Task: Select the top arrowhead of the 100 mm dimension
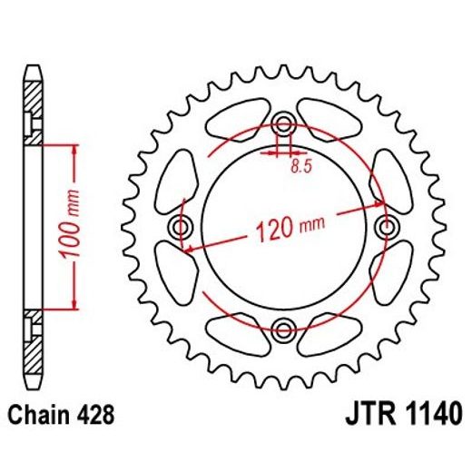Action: click(x=70, y=149)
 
